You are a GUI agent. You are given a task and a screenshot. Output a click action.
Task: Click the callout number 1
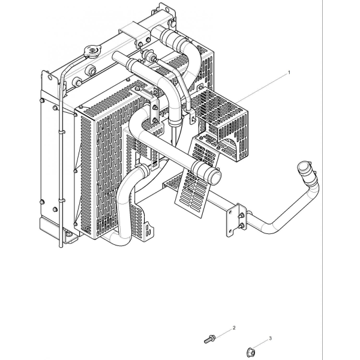pyautogui.click(x=289, y=73)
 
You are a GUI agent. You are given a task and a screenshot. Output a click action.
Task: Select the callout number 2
pyautogui.click(x=234, y=328)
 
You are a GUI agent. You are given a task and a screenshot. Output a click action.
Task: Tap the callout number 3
pyautogui.click(x=270, y=338)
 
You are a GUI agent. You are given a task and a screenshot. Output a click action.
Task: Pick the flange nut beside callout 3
pyautogui.click(x=251, y=351)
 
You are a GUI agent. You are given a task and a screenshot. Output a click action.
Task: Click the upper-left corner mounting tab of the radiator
pyautogui.click(x=49, y=79)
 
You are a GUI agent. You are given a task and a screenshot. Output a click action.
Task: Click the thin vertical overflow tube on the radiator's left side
pyautogui.click(x=61, y=161)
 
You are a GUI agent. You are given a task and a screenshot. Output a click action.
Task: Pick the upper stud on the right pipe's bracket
pyautogui.click(x=241, y=216)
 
